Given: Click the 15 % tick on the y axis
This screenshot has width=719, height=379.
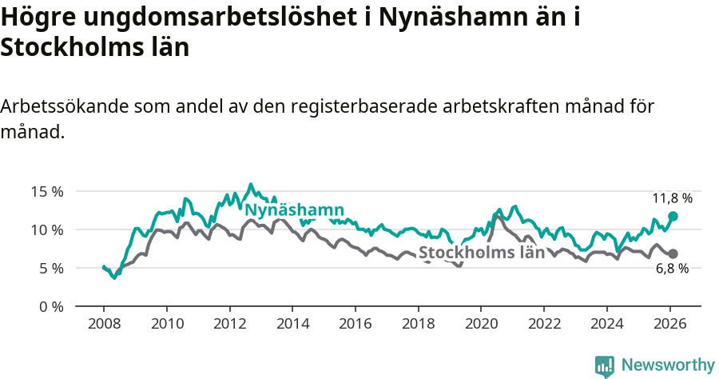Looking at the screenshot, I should [47, 191].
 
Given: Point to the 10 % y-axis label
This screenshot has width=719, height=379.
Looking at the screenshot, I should [47, 229].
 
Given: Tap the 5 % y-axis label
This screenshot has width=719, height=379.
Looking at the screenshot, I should [50, 268].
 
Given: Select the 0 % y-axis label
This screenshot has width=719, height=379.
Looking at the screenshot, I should [50, 306].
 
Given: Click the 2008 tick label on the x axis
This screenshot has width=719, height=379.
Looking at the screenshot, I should [104, 325].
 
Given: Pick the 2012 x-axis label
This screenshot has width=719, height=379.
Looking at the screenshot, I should [229, 325].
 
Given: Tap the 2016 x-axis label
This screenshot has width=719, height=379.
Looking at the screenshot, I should [355, 325].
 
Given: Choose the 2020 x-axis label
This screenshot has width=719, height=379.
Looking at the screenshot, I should [480, 325].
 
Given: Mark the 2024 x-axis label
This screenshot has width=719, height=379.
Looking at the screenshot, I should [606, 325].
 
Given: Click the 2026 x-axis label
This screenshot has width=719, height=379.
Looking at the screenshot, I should [669, 325].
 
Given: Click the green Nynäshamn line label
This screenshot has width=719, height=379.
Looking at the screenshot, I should [294, 210].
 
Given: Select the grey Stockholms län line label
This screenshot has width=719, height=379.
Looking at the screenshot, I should [482, 253].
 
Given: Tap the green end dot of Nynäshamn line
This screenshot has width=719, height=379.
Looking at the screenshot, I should [673, 216].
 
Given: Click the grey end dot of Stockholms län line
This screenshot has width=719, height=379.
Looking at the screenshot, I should [673, 253].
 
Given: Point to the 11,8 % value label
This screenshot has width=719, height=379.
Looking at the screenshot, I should [672, 197].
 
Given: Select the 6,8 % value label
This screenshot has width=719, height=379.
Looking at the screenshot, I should [672, 269].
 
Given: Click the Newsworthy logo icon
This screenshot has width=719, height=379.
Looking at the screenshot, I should [605, 365].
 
